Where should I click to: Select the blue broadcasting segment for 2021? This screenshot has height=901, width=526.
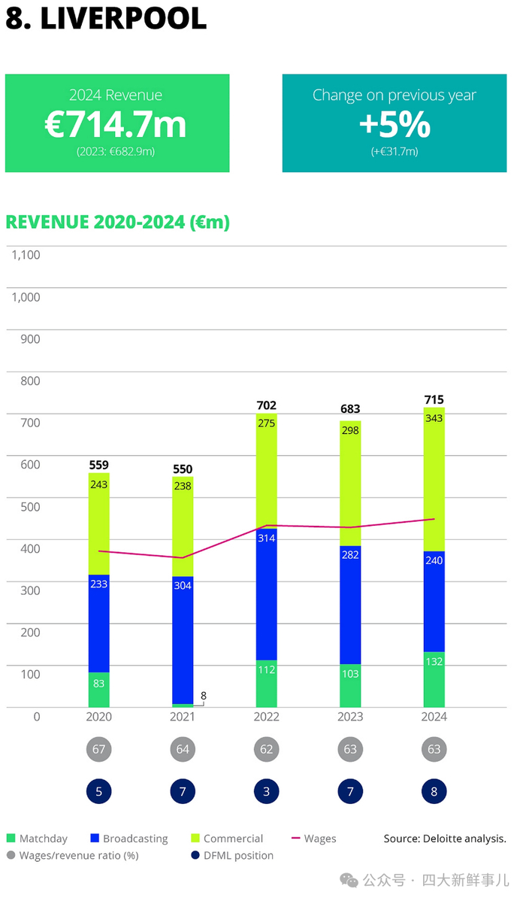(x=183, y=639)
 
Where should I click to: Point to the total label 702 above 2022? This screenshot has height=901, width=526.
(x=266, y=405)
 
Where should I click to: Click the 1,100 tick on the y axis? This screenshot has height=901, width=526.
(x=26, y=255)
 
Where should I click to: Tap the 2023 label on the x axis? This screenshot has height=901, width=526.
(x=350, y=717)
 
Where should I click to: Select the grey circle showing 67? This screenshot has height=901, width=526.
(x=98, y=750)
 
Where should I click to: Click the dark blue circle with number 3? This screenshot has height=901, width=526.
(x=266, y=791)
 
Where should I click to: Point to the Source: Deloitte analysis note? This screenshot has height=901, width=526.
(x=445, y=839)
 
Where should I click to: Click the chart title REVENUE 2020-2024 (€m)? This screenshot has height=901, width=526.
(x=117, y=223)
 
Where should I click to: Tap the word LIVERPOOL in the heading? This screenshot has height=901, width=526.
(x=122, y=19)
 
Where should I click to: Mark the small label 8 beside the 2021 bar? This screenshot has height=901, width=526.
(x=203, y=696)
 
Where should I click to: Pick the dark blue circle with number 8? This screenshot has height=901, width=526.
(x=434, y=791)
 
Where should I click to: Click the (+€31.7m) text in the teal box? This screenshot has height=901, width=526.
(x=394, y=151)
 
